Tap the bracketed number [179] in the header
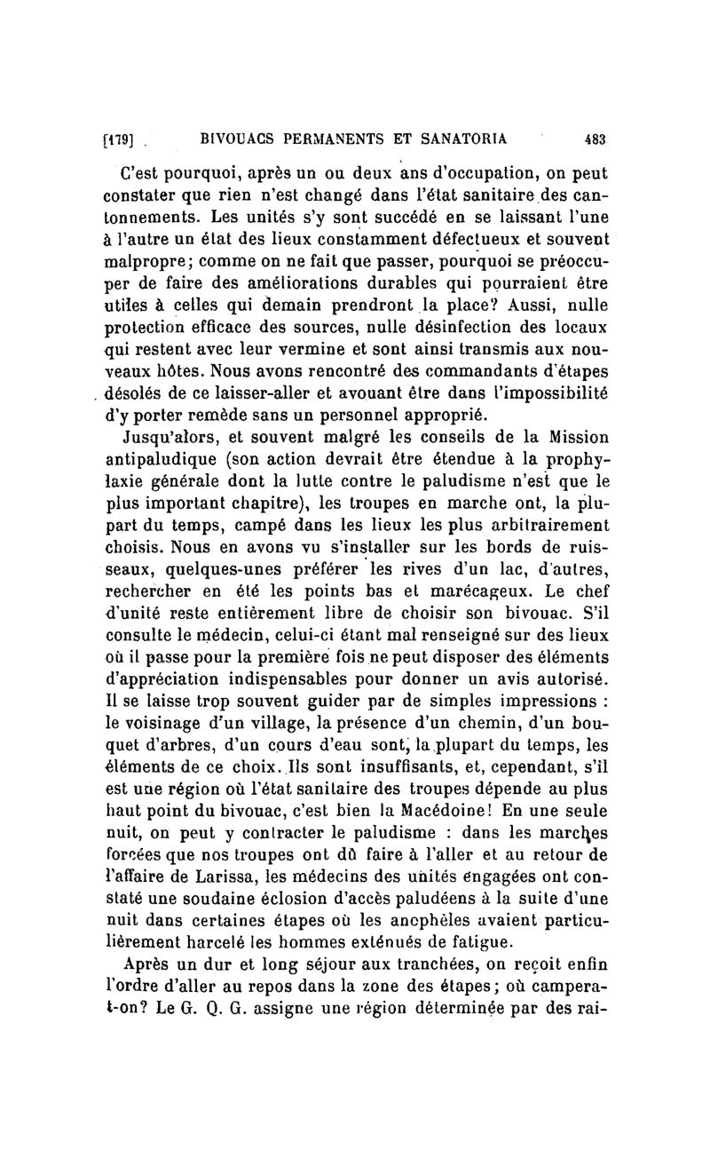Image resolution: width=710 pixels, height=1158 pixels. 118,139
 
